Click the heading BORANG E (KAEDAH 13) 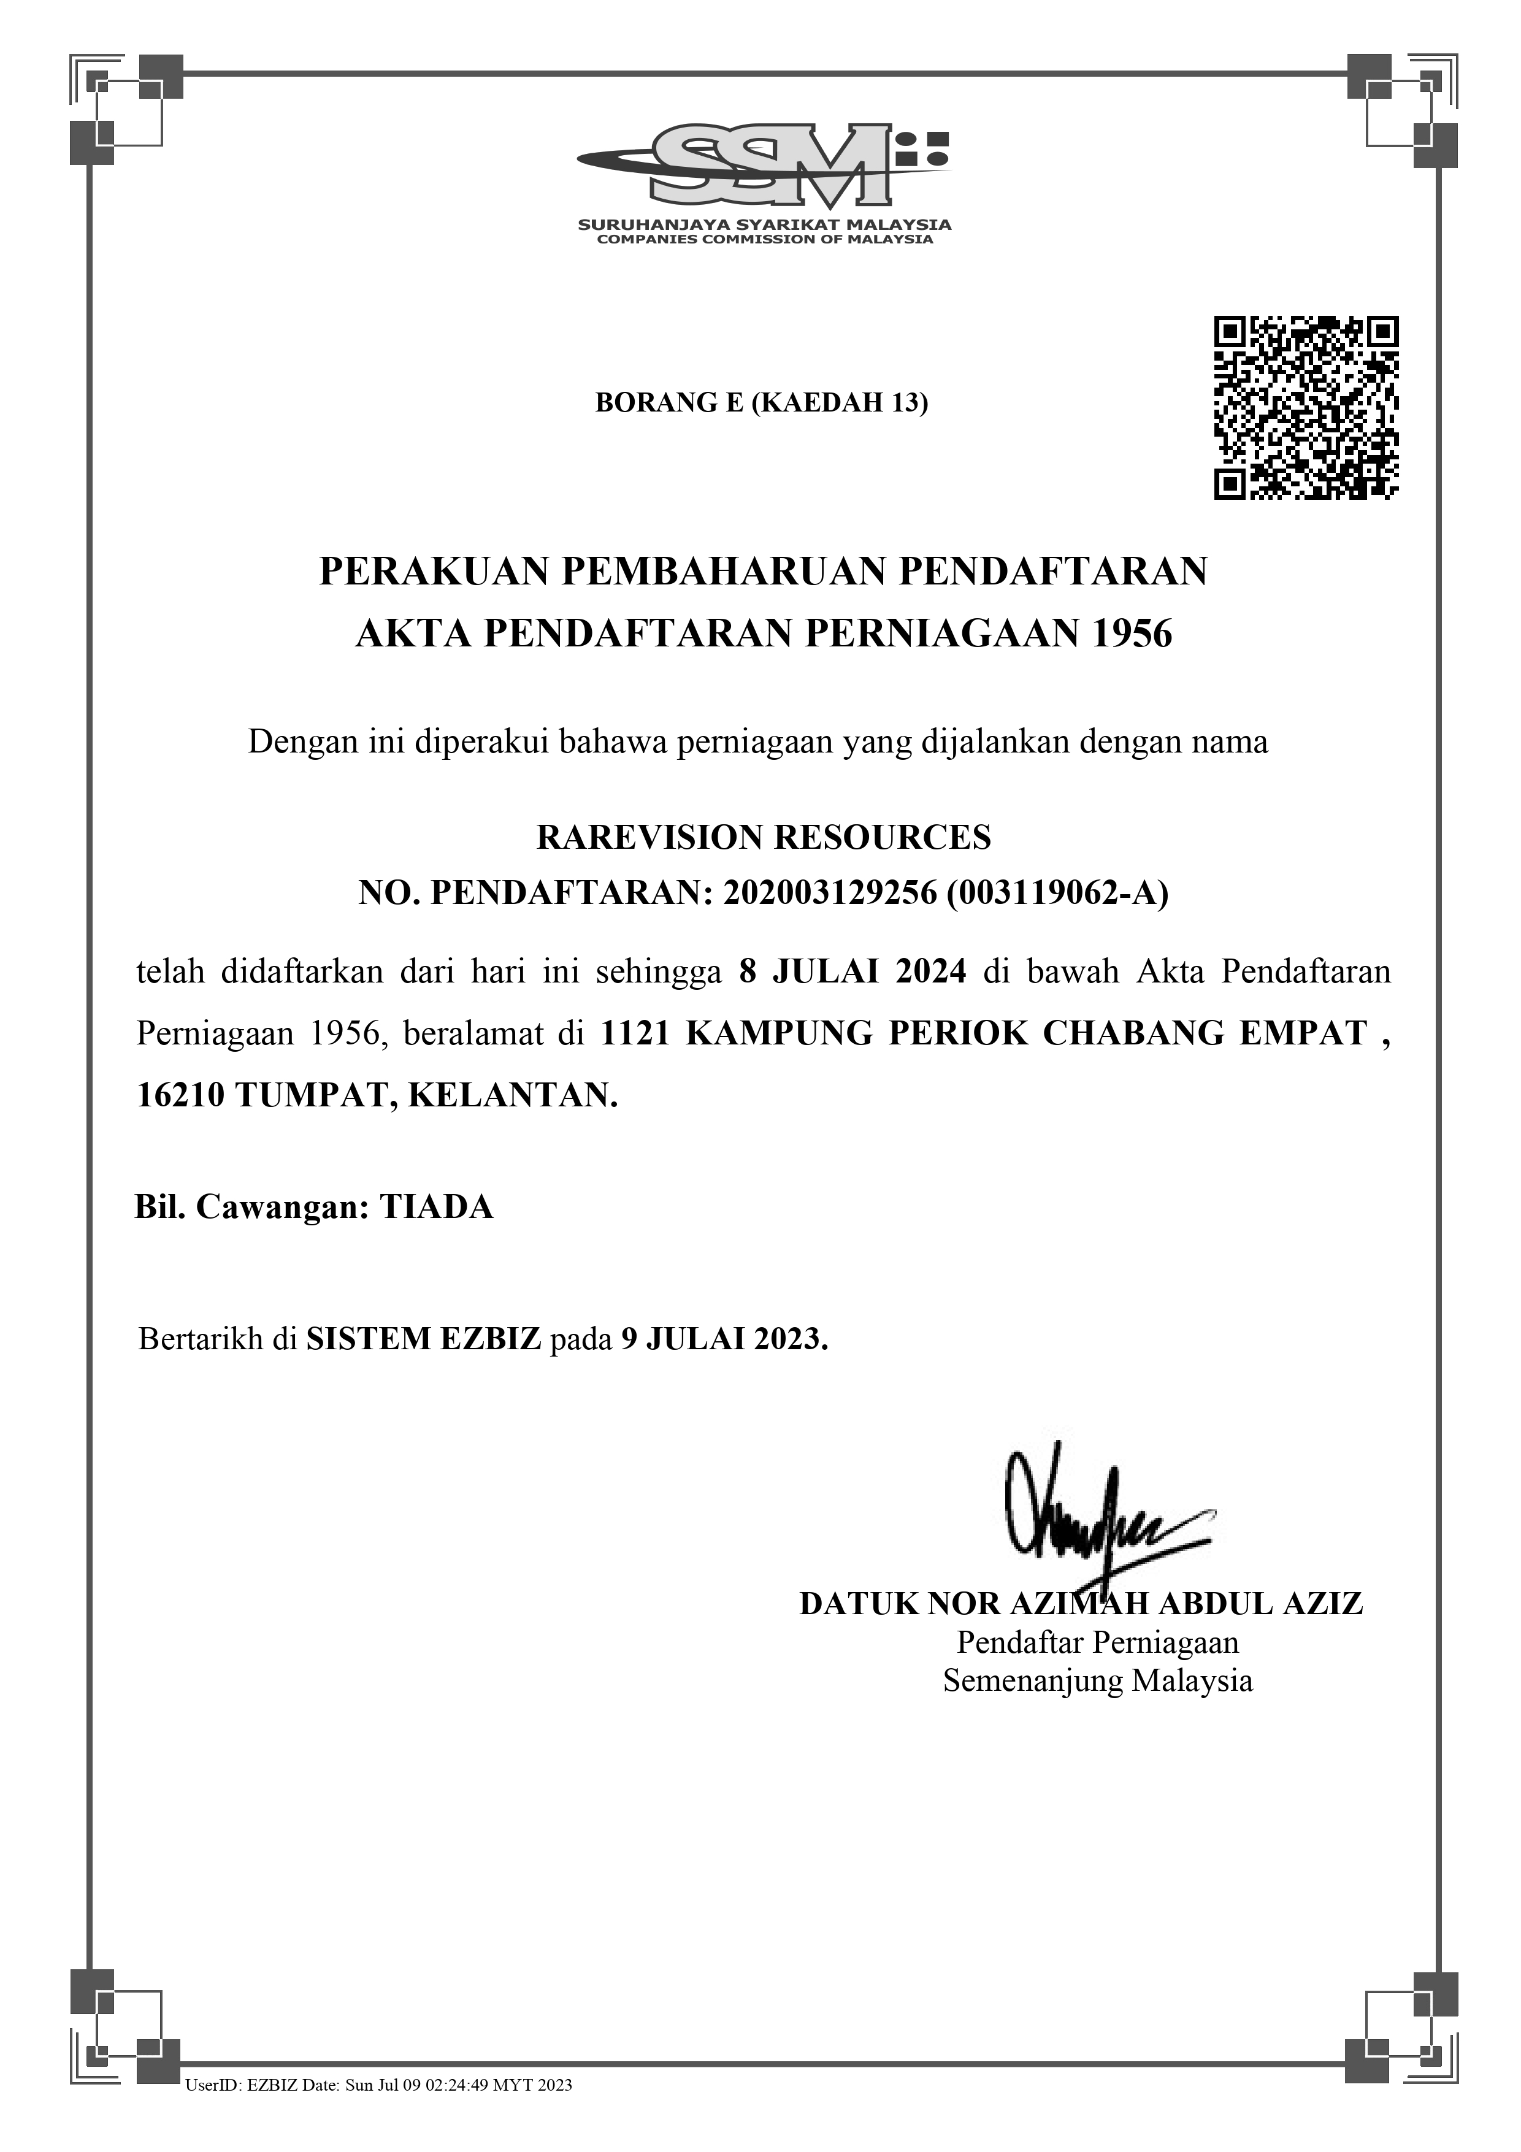[761, 403]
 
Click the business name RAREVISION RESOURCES [763, 837]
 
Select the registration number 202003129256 [830, 893]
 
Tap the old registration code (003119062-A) [1057, 893]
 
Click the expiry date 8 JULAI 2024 [852, 971]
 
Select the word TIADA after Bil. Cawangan [436, 1207]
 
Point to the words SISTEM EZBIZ [424, 1338]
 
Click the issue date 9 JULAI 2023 [724, 1338]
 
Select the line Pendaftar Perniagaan [1097, 1643]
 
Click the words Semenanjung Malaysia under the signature [1097, 1680]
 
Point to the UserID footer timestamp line [378, 2112]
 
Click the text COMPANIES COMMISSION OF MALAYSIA [765, 239]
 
